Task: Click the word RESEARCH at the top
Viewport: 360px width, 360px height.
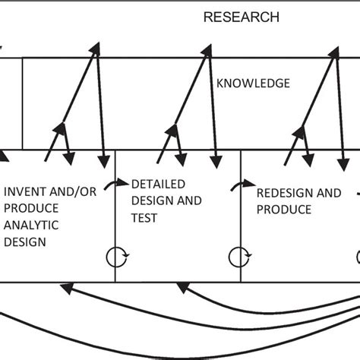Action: tap(241, 17)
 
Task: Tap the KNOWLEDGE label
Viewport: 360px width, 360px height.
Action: tap(252, 83)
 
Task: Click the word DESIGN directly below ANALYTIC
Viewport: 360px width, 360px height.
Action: tap(25, 242)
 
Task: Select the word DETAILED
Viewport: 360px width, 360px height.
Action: tap(160, 184)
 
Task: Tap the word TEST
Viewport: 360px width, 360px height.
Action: tap(144, 217)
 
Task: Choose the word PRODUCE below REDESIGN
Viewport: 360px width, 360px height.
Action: tap(283, 209)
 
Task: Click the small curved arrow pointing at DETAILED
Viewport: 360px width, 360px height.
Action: tap(122, 183)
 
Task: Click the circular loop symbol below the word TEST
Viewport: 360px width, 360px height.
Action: tap(116, 257)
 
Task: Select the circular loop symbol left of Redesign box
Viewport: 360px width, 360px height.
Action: tap(242, 257)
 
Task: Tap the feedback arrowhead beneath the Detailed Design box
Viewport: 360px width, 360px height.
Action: tap(182, 288)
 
